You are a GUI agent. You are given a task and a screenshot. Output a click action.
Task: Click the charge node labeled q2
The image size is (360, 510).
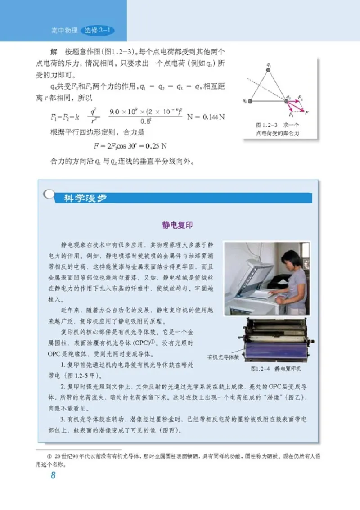click(x=250, y=101)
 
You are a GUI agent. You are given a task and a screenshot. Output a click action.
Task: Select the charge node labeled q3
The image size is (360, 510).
click(x=287, y=101)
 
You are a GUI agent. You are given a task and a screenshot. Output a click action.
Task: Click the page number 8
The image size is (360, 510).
click(x=53, y=475)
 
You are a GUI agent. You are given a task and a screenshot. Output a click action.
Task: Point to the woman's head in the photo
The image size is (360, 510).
click(x=290, y=260)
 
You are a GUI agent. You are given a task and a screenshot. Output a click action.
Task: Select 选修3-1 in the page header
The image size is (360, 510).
click(x=98, y=31)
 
